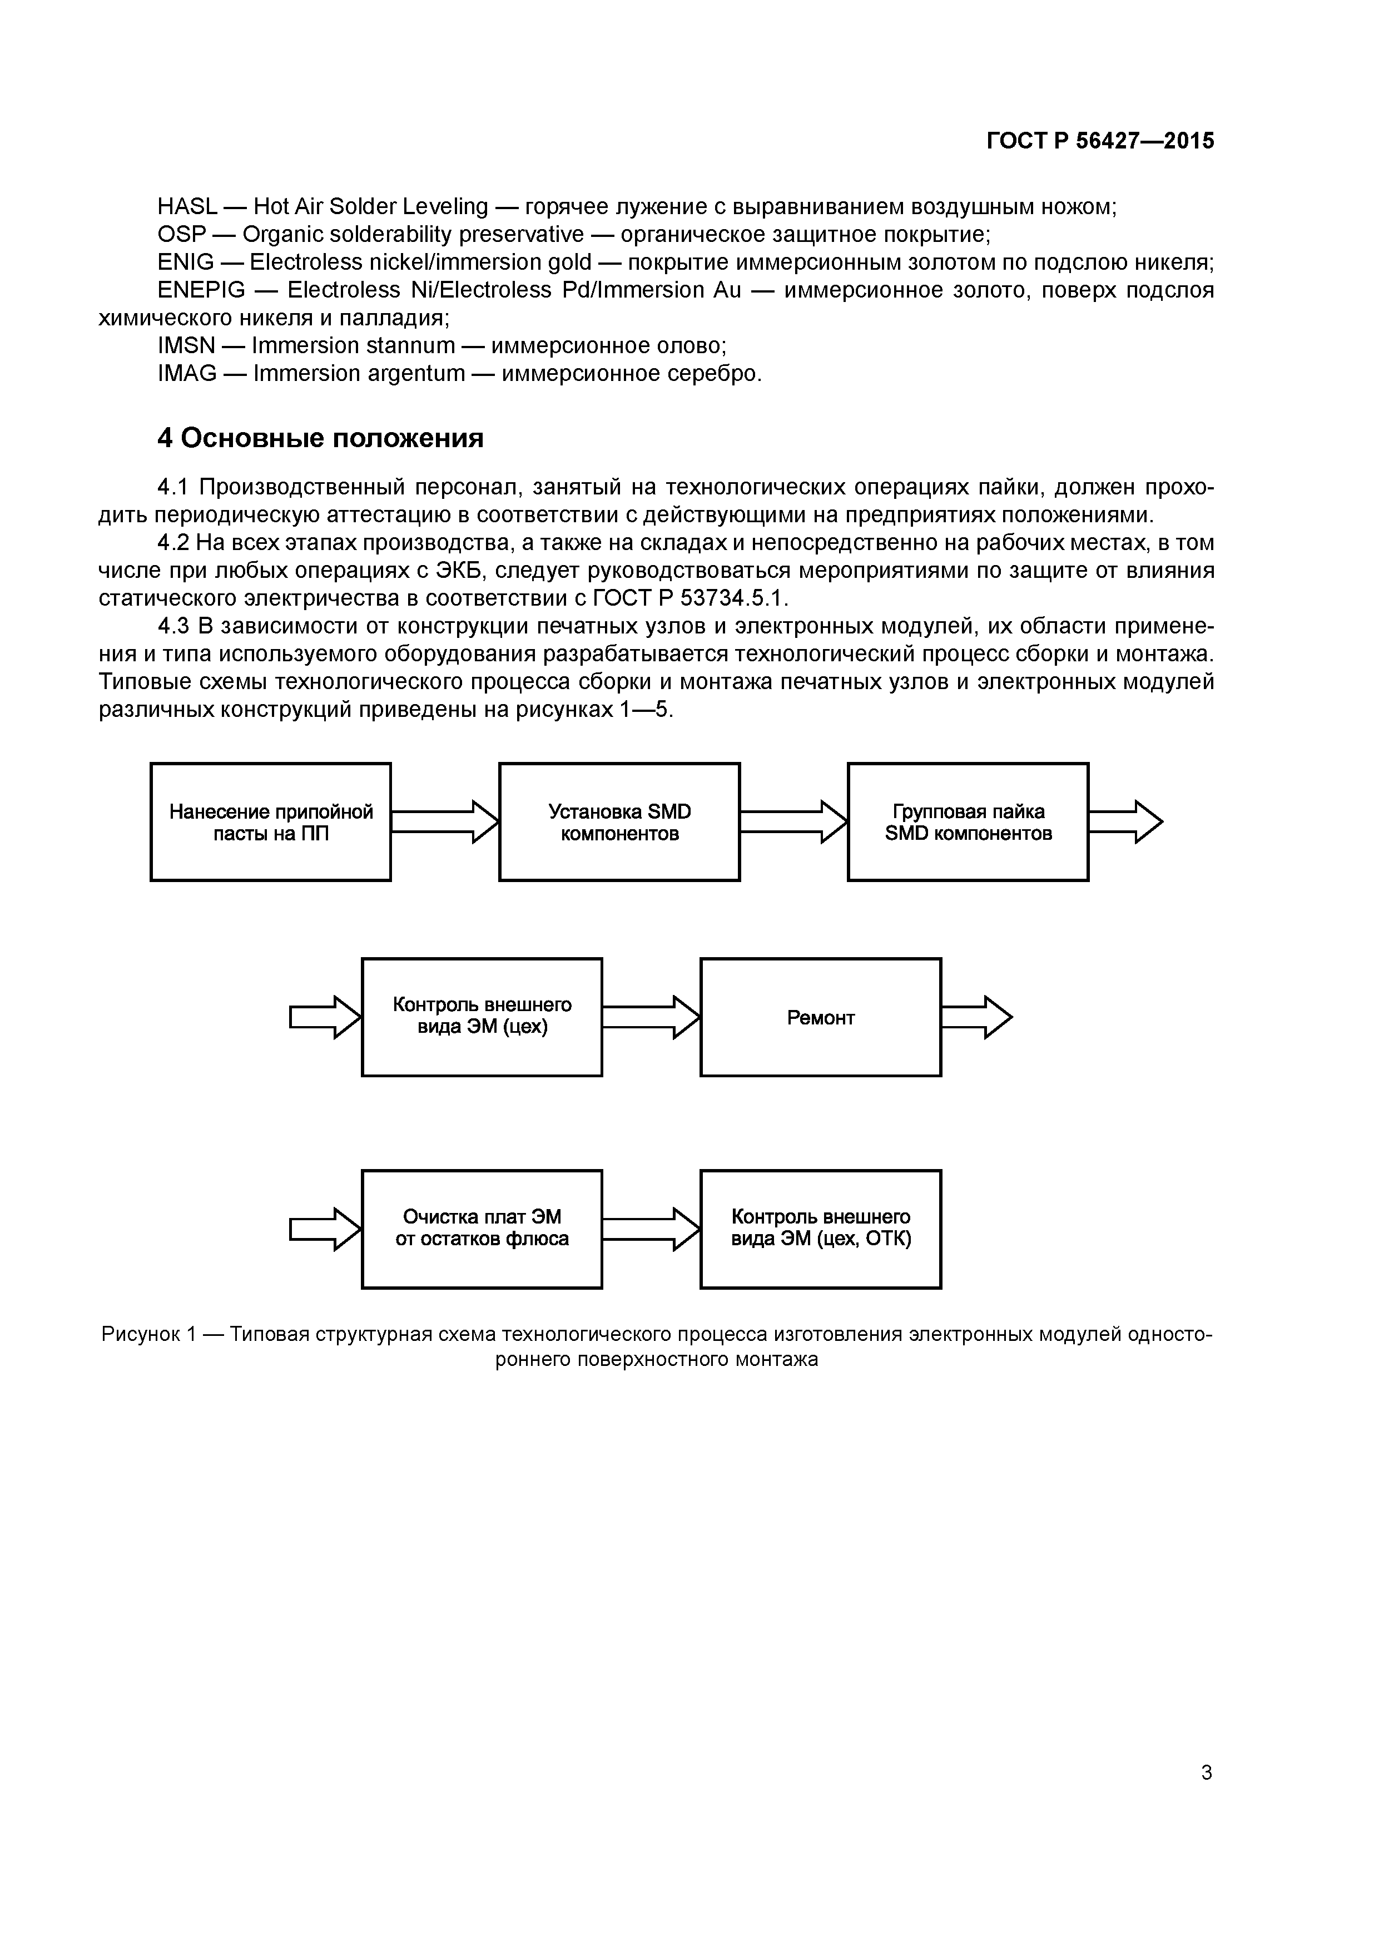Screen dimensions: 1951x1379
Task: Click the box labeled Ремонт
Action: pyautogui.click(x=820, y=1017)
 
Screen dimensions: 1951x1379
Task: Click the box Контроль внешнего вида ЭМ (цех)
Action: pyautogui.click(x=482, y=1017)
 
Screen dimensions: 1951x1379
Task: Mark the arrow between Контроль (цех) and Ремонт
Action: pyautogui.click(x=651, y=1017)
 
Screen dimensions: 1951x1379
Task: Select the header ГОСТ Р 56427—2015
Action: pyautogui.click(x=1100, y=141)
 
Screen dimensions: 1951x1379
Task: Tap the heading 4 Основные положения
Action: pyautogui.click(x=320, y=438)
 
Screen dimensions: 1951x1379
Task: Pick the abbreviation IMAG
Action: pyautogui.click(x=187, y=373)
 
